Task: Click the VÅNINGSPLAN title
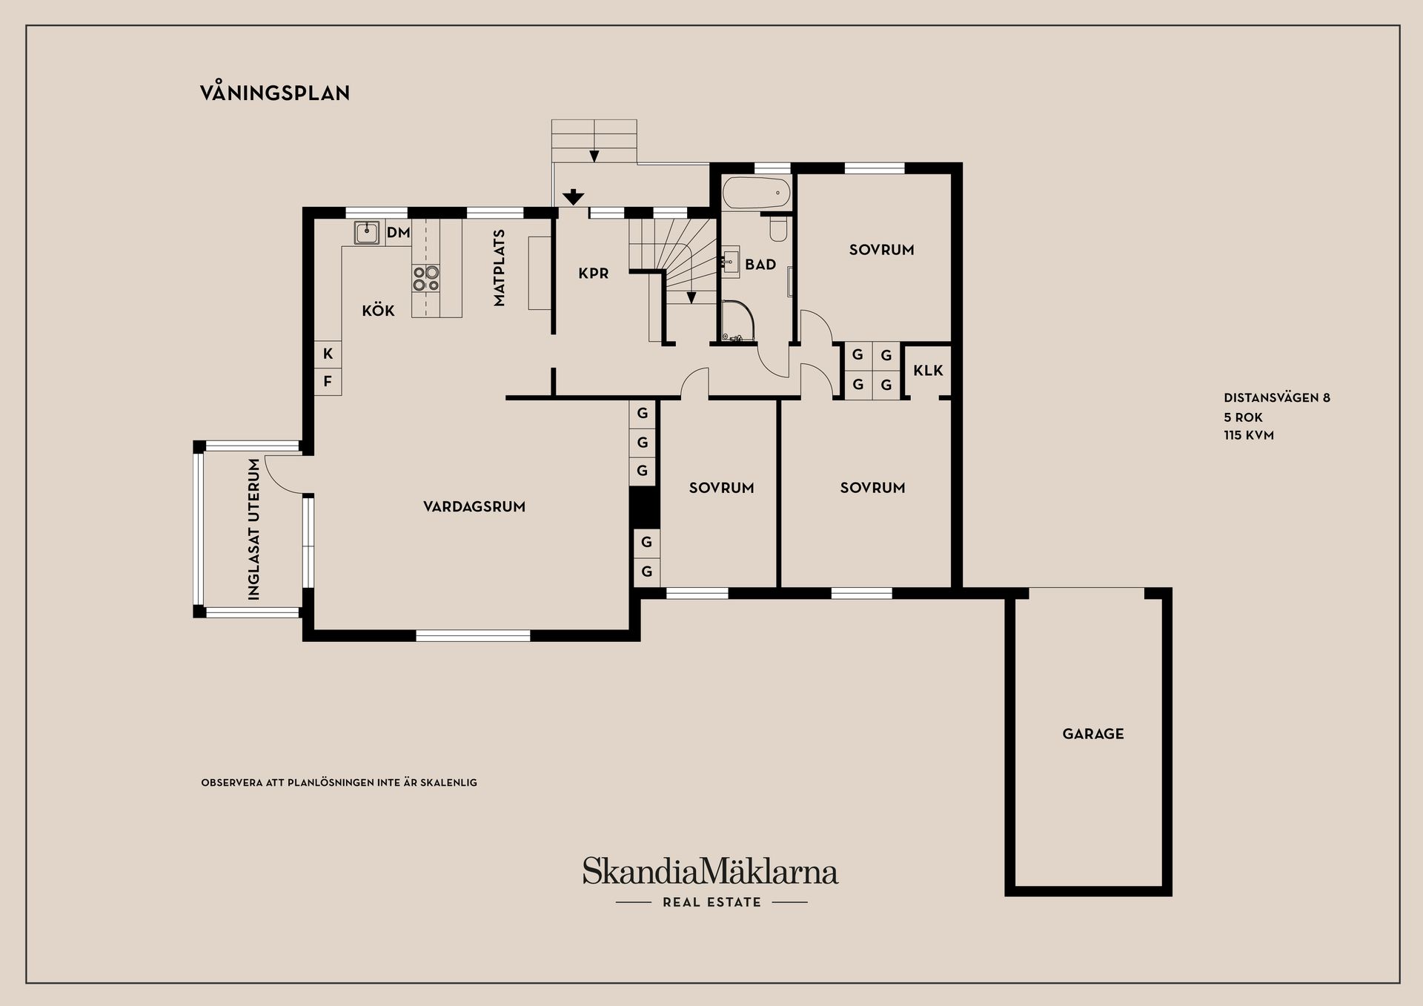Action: pos(275,93)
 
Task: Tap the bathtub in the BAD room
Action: pos(756,192)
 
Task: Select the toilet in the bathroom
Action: pos(778,229)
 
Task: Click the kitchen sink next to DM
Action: pos(367,233)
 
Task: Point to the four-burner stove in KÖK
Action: pos(426,279)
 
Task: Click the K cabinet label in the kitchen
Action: pos(328,354)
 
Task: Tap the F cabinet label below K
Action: pos(328,382)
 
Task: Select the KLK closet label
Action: pos(928,370)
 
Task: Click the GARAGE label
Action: pos(1093,734)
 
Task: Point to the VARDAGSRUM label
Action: pos(474,506)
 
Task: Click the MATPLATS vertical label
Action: pos(499,268)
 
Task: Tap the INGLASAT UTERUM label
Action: pos(254,529)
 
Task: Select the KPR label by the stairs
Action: pos(594,274)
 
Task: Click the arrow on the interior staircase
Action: pos(691,297)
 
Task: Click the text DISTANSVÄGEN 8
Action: pos(1276,398)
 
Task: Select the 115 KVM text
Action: pos(1248,435)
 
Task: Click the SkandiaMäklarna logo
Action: pos(710,872)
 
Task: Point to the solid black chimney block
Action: pos(643,507)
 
